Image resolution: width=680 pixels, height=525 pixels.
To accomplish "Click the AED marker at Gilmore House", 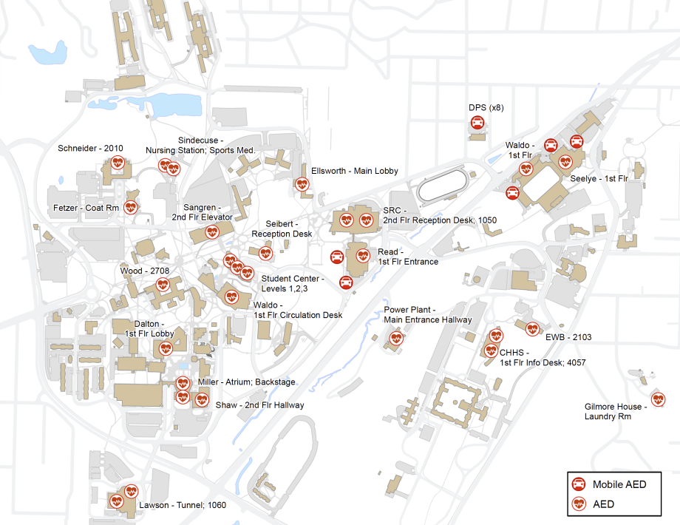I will pos(658,399).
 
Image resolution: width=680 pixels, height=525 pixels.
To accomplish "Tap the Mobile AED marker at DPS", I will pos(477,123).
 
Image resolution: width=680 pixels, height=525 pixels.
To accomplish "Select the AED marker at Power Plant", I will pos(396,339).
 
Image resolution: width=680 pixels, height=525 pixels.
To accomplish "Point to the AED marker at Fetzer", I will pos(131,207).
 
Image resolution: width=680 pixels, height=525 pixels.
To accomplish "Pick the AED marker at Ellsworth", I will pos(302,184).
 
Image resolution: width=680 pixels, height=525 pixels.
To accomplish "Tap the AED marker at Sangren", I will pos(212,232).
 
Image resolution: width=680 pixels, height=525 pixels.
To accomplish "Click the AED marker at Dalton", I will pos(167,348).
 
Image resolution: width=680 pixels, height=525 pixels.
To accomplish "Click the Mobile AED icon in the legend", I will pos(579,484).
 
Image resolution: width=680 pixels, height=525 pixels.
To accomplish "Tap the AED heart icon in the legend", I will pos(579,504).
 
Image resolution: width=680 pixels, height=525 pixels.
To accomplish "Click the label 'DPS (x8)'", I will pos(486,107).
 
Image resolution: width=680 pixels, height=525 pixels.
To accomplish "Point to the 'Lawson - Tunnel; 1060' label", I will pos(183,506).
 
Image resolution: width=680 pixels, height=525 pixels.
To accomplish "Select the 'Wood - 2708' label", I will pos(144,271).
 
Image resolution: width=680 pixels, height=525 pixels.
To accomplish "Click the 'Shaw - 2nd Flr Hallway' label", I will pos(259,405).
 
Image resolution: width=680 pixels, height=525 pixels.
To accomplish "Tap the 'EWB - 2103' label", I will pos(568,337).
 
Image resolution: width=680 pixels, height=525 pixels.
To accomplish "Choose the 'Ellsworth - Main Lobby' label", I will pos(355,171).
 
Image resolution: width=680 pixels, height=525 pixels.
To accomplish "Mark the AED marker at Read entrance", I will pos(363,256).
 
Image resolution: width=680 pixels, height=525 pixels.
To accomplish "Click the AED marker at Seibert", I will pos(265,254).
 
